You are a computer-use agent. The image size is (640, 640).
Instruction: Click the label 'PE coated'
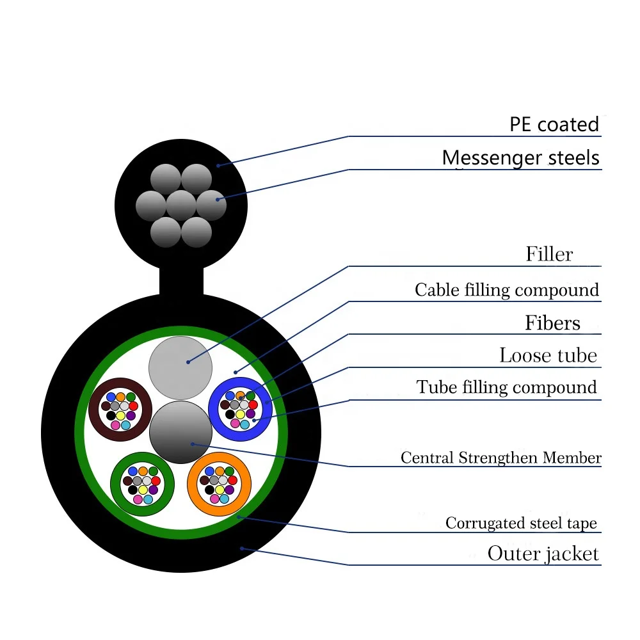point(554,124)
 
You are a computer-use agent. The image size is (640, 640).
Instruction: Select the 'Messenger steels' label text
point(520,158)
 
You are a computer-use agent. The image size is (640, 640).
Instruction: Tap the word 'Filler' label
point(549,255)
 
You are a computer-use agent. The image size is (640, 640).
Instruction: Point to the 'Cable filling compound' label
point(506,290)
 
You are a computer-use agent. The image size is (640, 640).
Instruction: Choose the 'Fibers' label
point(552,323)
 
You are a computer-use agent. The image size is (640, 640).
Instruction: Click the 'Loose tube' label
point(548,355)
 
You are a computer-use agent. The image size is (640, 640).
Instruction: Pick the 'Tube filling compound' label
point(506,387)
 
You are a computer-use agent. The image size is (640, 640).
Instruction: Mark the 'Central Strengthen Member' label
point(500,458)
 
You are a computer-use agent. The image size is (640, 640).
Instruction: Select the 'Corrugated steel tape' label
point(521,524)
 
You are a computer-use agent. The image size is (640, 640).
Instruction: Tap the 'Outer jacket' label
point(543,554)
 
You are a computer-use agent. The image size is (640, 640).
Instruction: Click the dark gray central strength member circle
point(180,433)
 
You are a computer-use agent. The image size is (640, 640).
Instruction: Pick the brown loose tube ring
point(93,410)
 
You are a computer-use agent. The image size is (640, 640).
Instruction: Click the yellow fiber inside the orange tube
point(220,490)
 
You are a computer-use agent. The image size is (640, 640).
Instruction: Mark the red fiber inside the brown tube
point(133,405)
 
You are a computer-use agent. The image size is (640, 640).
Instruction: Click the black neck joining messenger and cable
point(181,282)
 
